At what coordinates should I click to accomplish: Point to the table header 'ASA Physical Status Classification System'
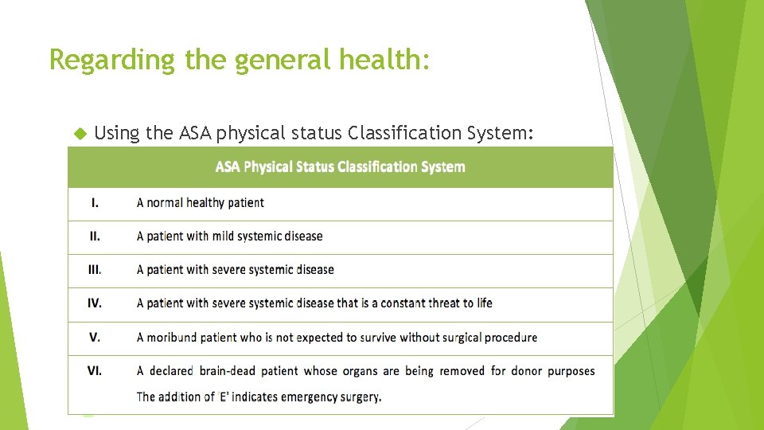[x=341, y=167]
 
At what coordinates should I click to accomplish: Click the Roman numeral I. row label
[x=95, y=202]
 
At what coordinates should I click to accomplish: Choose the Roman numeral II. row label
[x=95, y=236]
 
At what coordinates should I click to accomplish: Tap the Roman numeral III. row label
[x=95, y=269]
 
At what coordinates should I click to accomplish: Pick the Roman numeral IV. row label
[x=95, y=303]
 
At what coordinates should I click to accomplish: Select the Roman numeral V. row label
[x=95, y=337]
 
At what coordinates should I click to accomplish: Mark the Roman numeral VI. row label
[x=95, y=370]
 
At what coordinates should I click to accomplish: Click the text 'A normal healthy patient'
[x=200, y=202]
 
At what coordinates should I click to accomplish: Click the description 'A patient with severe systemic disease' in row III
[x=235, y=269]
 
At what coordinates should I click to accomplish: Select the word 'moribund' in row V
[x=172, y=337]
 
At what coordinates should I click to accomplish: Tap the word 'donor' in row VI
[x=527, y=370]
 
